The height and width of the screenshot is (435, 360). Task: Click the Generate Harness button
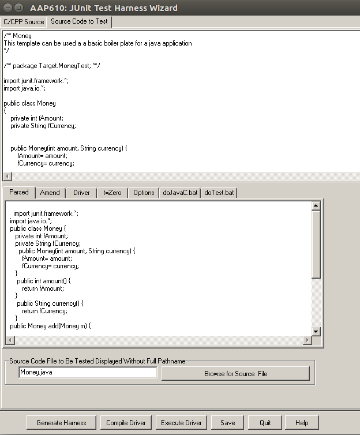[x=61, y=423]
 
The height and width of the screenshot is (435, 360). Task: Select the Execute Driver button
[x=181, y=423]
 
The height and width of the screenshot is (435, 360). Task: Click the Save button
[x=227, y=423]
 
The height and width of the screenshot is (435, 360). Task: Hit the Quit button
[x=265, y=423]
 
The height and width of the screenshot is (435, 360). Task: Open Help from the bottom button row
[x=302, y=423]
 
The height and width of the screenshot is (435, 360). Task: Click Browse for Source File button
[x=235, y=373]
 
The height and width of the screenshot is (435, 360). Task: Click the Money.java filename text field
[x=88, y=373]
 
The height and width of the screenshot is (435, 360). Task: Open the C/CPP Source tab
[x=24, y=22]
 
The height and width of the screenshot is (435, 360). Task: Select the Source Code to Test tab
[x=79, y=21]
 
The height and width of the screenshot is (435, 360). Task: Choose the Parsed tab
[x=19, y=192]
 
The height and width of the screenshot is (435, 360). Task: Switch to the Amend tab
[x=50, y=193]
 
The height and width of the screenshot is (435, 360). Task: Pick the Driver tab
[x=81, y=193]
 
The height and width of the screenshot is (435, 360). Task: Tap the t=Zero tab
[x=112, y=193]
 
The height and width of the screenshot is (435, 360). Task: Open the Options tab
[x=144, y=193]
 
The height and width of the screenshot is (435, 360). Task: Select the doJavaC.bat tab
[x=180, y=193]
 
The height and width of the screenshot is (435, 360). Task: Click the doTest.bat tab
[x=219, y=193]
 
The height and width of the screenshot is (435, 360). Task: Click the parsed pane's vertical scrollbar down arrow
[x=316, y=331]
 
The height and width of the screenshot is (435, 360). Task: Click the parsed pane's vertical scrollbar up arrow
[x=316, y=205]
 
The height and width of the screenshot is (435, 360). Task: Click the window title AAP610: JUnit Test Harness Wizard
[x=104, y=8]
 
